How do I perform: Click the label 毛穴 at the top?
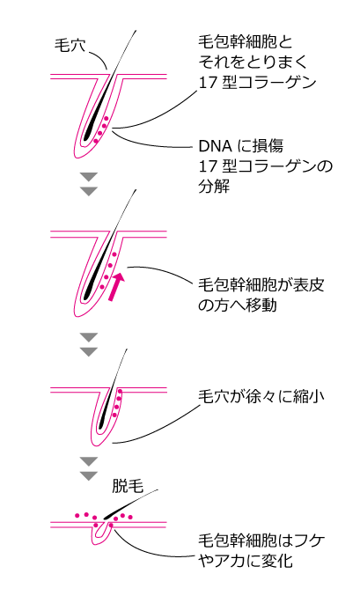coord(70,46)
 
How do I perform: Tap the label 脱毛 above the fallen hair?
coord(128,487)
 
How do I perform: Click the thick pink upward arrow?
coord(116,287)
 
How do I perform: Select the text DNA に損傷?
coord(241,146)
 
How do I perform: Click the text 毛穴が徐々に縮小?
coord(261,396)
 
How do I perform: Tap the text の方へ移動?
coord(238,305)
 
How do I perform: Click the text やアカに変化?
coord(246,561)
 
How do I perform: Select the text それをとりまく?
coord(253,63)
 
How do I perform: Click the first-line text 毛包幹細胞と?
coord(246,42)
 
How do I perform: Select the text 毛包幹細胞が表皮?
coord(261,285)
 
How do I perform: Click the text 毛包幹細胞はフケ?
coord(261,540)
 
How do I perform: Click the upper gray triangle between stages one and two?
coord(89,177)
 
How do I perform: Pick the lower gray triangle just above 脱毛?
coord(89,475)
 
